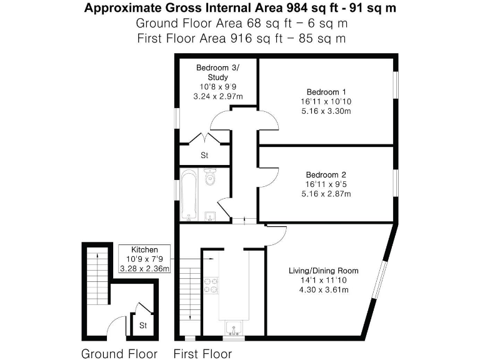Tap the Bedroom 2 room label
point(326,174)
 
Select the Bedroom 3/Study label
point(217,72)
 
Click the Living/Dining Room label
point(323,271)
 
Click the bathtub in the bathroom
point(189,195)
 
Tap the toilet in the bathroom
point(211,179)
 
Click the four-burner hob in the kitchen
point(211,286)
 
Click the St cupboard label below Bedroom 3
point(204,155)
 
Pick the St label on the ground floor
point(143,326)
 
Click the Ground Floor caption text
point(119,353)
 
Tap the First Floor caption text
point(202,353)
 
